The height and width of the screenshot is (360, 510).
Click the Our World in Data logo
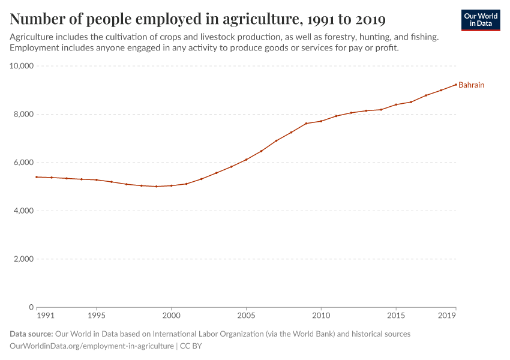pyautogui.click(x=480, y=20)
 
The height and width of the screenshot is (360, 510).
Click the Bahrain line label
pyautogui.click(x=471, y=85)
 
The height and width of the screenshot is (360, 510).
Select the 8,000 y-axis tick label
pyautogui.click(x=23, y=114)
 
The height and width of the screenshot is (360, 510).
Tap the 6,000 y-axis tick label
pyautogui.click(x=23, y=163)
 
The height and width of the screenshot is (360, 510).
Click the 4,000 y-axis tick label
pyautogui.click(x=23, y=211)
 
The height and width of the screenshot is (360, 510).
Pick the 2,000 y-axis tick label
pyautogui.click(x=23, y=259)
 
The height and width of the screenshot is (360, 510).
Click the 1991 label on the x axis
pyautogui.click(x=44, y=315)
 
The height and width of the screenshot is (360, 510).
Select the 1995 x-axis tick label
pyautogui.click(x=97, y=315)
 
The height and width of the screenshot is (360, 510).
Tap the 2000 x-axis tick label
pyautogui.click(x=171, y=315)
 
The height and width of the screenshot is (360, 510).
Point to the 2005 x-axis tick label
pyautogui.click(x=246, y=315)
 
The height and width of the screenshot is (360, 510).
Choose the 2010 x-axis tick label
pyautogui.click(x=321, y=315)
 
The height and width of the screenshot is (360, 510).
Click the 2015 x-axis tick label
pyautogui.click(x=396, y=315)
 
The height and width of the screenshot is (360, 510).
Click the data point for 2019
pyautogui.click(x=455, y=84)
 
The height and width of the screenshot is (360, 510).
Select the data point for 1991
pyautogui.click(x=37, y=177)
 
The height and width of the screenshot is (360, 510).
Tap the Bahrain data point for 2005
pyautogui.click(x=246, y=160)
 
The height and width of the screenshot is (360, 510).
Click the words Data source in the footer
pyautogui.click(x=31, y=334)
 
